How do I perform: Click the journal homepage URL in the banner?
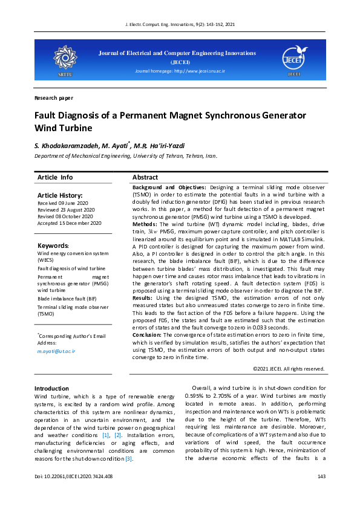coord(180,71)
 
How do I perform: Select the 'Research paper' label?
coord(54,97)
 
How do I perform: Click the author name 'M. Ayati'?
coord(115,145)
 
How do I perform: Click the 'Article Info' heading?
coord(55,177)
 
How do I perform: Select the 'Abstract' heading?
coord(145,178)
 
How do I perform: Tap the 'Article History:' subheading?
coord(59,195)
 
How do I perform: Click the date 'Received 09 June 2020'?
coord(63,203)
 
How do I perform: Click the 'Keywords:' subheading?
coord(53,246)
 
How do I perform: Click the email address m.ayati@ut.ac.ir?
coord(56,351)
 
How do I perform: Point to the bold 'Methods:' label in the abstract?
coord(145,224)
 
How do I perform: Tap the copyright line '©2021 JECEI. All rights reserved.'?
coord(289,368)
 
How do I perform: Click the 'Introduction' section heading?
coord(51,388)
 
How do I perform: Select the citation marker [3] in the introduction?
coord(128,458)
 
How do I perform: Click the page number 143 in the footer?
coord(321,478)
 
